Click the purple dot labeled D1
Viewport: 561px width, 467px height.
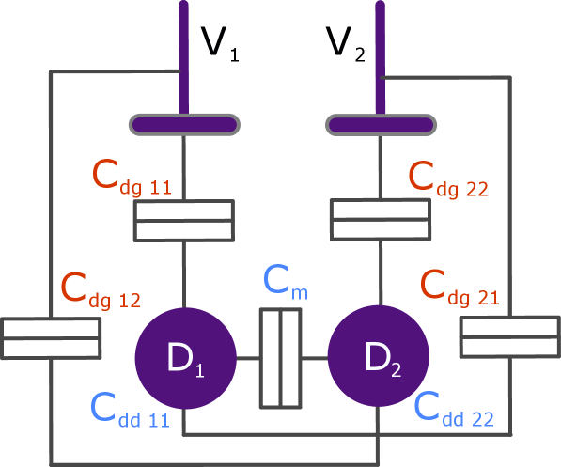184,357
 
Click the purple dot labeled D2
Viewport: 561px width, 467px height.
377,357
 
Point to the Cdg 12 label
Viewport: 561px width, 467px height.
100,290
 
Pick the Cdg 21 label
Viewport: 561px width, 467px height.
460,286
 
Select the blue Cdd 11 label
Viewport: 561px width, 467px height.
129,410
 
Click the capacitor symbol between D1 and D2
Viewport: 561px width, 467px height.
280,358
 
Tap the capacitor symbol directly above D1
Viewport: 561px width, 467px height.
183,221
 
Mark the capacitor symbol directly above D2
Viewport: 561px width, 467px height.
381,221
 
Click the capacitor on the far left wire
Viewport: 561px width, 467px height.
51,338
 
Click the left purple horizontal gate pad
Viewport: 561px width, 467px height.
183,124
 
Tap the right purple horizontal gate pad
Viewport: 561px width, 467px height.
381,124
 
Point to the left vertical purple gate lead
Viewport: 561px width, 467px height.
183,56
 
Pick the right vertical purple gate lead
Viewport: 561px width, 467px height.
380,56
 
